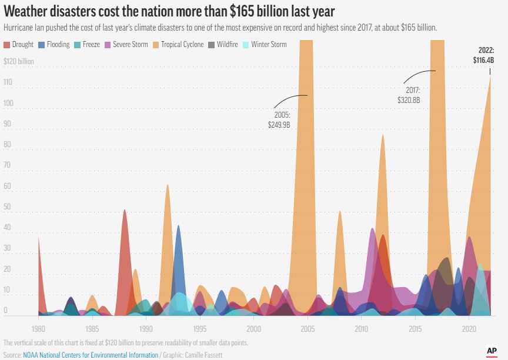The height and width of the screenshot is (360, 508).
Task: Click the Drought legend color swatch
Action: click(x=6, y=45)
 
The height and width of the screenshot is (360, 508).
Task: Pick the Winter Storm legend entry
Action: click(x=269, y=45)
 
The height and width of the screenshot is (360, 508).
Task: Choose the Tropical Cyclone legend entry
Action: click(x=178, y=45)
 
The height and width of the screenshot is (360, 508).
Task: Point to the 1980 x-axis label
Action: click(x=39, y=328)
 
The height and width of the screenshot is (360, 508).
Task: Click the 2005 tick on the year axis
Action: click(x=308, y=328)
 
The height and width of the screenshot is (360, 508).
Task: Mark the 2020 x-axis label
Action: click(x=469, y=328)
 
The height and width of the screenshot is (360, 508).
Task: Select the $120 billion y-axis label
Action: click(x=19, y=61)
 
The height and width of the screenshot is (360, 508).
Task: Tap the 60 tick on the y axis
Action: click(x=8, y=186)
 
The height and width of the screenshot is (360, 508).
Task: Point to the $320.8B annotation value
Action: click(x=409, y=101)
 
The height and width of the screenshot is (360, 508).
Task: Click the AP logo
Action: click(x=492, y=350)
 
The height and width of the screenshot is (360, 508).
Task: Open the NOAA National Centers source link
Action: click(x=91, y=355)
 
